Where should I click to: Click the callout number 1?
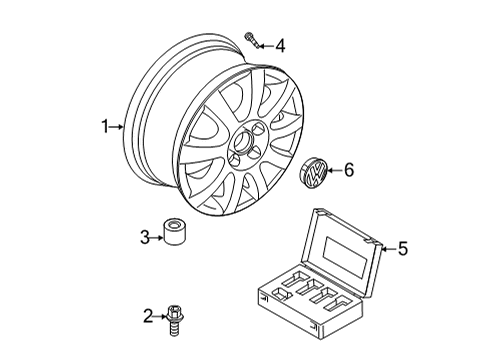pos(105,127)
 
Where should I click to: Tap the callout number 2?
pos(148,316)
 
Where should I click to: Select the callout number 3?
pos(145,238)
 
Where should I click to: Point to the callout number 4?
pos(281,46)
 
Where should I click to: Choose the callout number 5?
pos(403,249)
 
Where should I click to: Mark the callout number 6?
pos(349,170)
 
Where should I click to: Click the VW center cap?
pos(314,172)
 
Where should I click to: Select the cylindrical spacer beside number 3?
pos(174,232)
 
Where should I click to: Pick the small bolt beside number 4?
pos(251,40)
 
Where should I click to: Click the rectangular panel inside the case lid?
pos(347,257)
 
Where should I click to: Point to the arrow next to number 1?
pos(116,127)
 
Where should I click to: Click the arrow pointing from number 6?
pos(335,170)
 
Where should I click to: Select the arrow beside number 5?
pos(389,249)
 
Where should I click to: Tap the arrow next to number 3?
pos(157,238)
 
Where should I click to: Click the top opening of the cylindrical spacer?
pos(174,224)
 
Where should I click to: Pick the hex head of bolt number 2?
pos(174,311)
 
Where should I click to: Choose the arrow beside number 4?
pos(267,46)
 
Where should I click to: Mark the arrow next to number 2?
pos(160,316)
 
